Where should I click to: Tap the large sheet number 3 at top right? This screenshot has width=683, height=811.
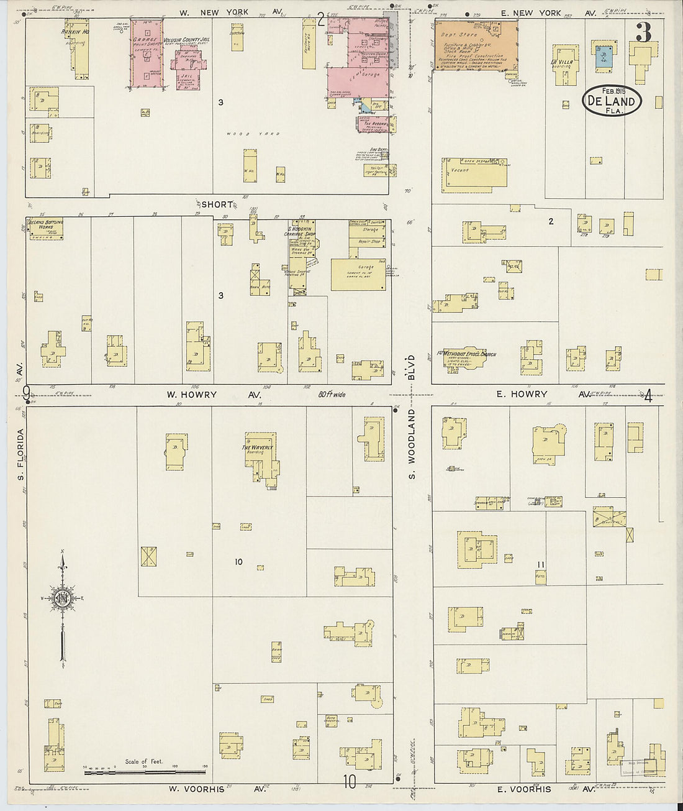click(x=643, y=32)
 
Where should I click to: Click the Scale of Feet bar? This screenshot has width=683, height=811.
click(x=145, y=771)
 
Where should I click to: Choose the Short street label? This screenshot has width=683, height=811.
click(x=217, y=204)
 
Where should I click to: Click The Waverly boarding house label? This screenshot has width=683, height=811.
click(x=258, y=447)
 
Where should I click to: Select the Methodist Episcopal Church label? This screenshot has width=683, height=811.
click(x=466, y=354)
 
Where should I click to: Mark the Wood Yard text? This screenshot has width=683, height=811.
click(x=261, y=134)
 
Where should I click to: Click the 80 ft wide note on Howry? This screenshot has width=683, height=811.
click(x=332, y=395)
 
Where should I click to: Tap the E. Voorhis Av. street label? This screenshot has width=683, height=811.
click(x=524, y=789)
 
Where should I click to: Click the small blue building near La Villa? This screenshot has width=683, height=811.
click(x=602, y=57)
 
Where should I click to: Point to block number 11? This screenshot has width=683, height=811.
click(x=541, y=564)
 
